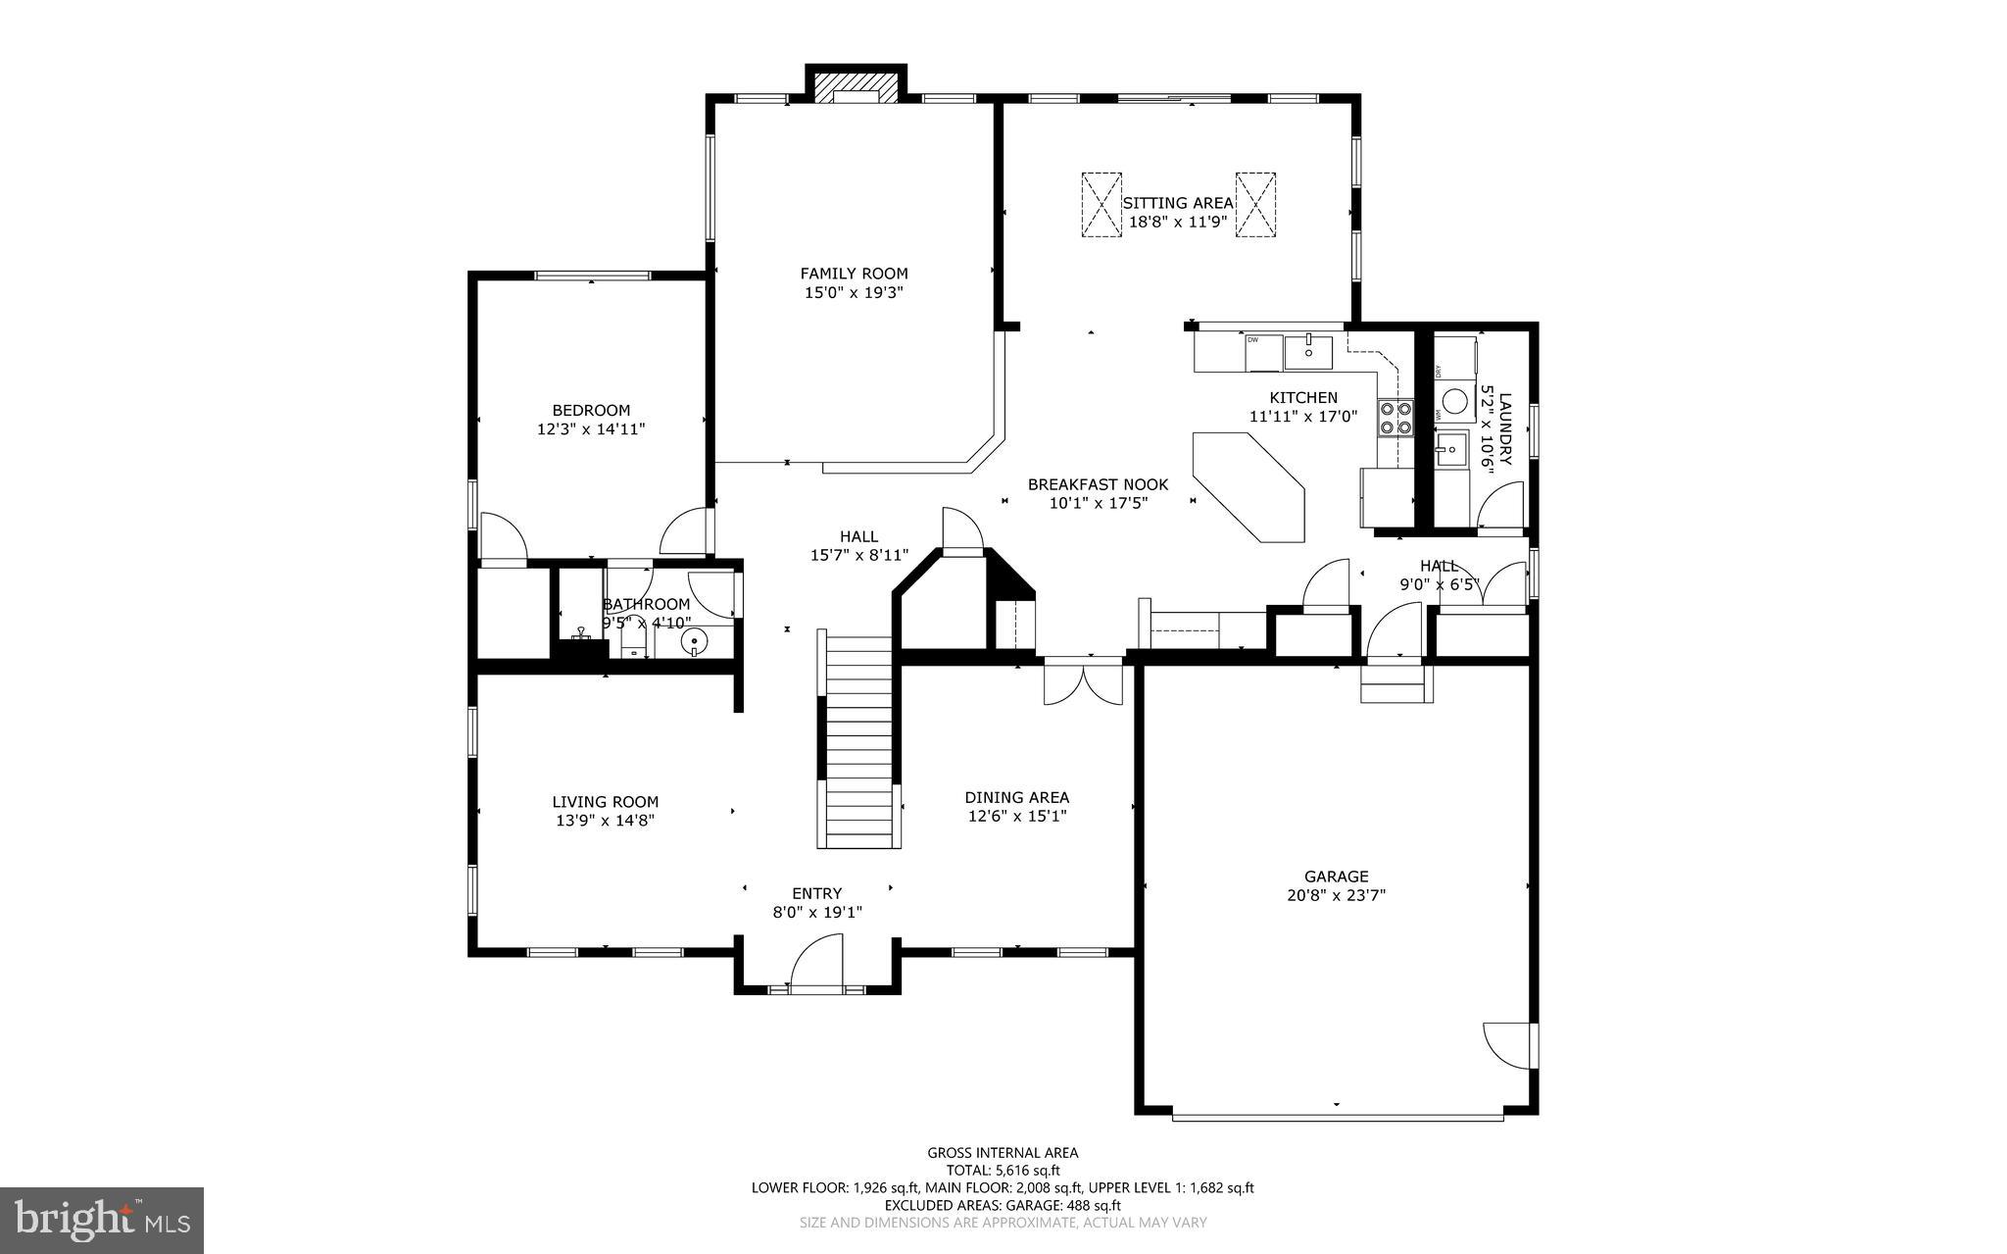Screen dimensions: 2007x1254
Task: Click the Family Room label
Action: click(854, 274)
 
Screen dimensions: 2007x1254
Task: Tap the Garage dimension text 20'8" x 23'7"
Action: click(1336, 895)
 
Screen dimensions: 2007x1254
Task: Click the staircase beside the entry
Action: click(859, 741)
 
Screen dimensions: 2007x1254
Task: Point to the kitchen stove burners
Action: click(1395, 418)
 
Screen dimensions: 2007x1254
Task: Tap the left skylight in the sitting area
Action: click(1101, 204)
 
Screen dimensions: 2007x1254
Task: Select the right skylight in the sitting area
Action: click(1255, 204)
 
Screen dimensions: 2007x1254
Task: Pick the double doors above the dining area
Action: click(1083, 683)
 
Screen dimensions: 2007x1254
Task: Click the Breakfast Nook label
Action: click(1098, 484)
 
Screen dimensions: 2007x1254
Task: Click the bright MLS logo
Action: click(102, 1221)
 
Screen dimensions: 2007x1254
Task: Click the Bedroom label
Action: click(591, 411)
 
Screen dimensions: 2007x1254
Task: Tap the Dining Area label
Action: click(1016, 798)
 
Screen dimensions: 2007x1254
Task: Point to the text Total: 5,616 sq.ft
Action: click(1003, 1170)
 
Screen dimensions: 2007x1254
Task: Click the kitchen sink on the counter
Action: click(1308, 351)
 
